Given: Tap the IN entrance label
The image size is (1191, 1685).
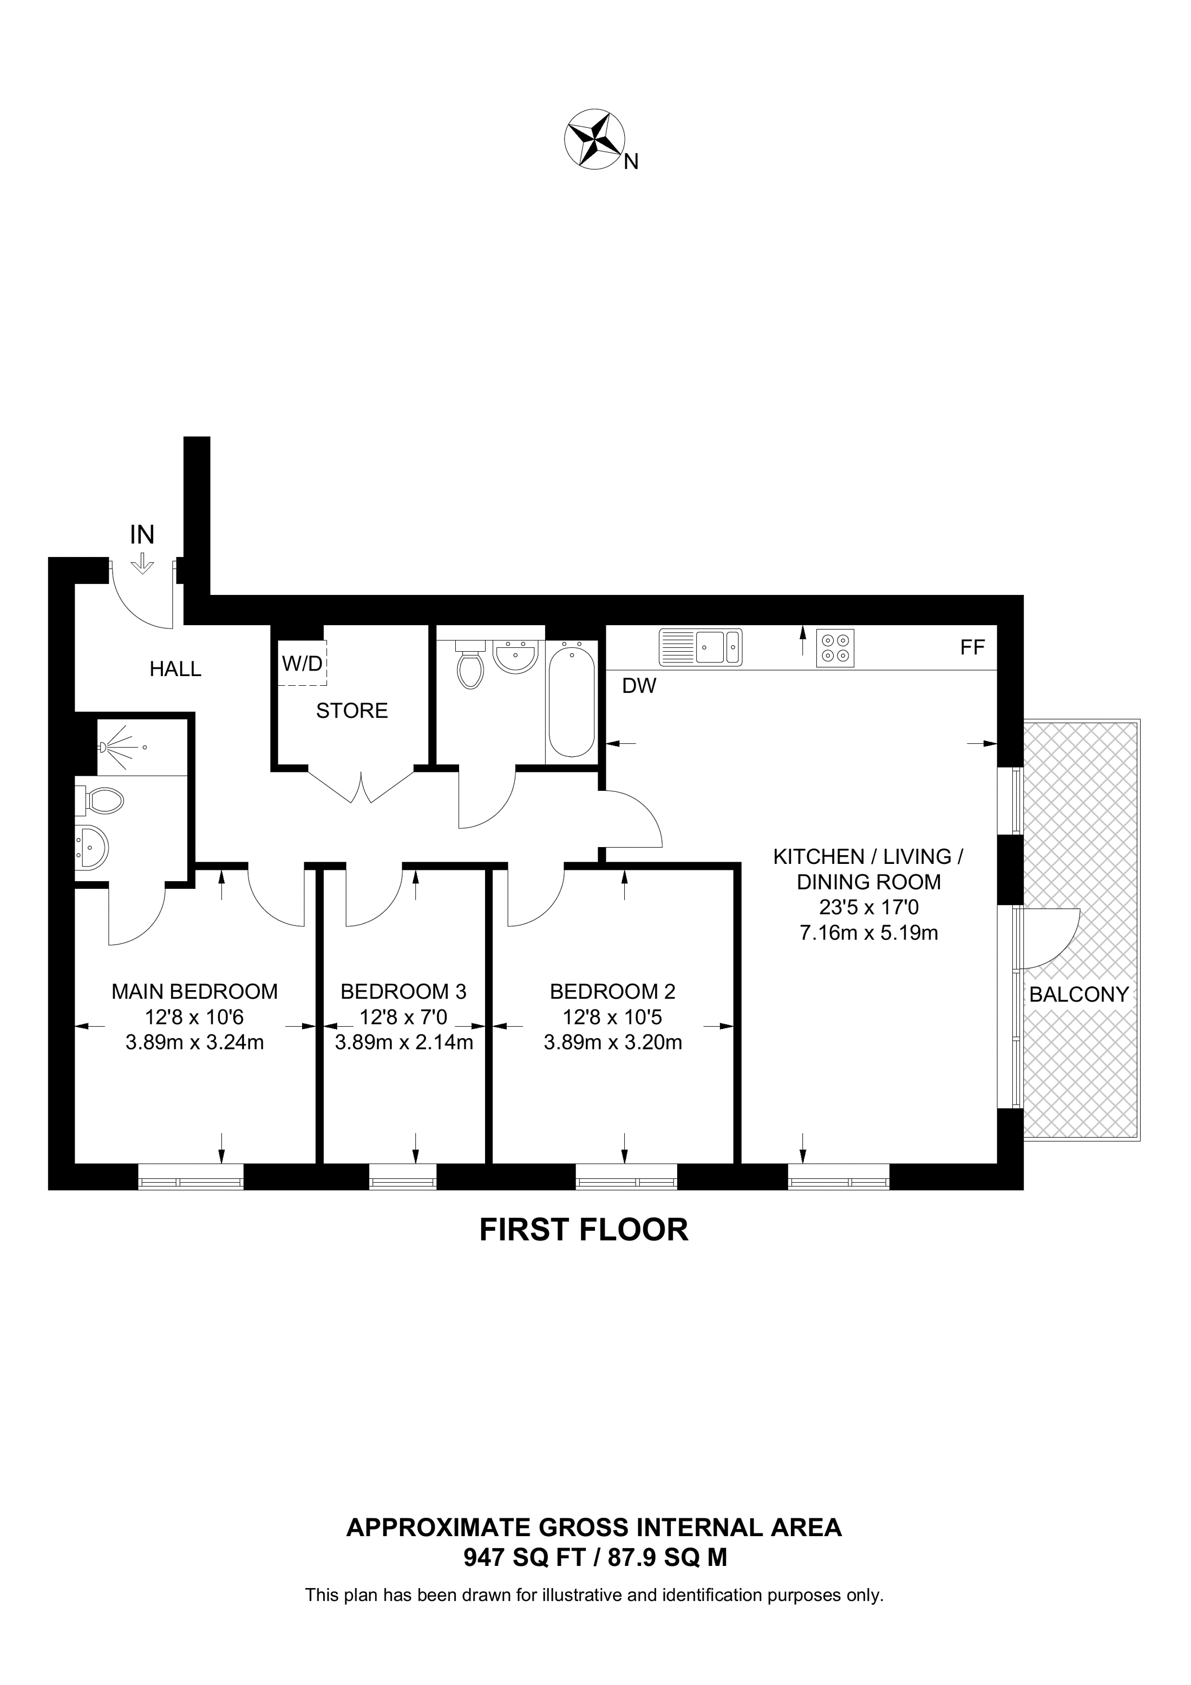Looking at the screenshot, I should pos(142,535).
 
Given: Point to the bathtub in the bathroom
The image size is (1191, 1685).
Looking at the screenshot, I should pos(572,701).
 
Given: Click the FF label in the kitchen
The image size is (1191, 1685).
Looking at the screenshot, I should pos(972,647).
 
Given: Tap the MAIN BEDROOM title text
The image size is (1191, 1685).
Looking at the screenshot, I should pos(194,992).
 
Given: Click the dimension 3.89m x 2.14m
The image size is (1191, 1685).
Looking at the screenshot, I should pos(404,1042).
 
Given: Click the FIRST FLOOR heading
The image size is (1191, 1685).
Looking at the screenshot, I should pos(584,1230).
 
